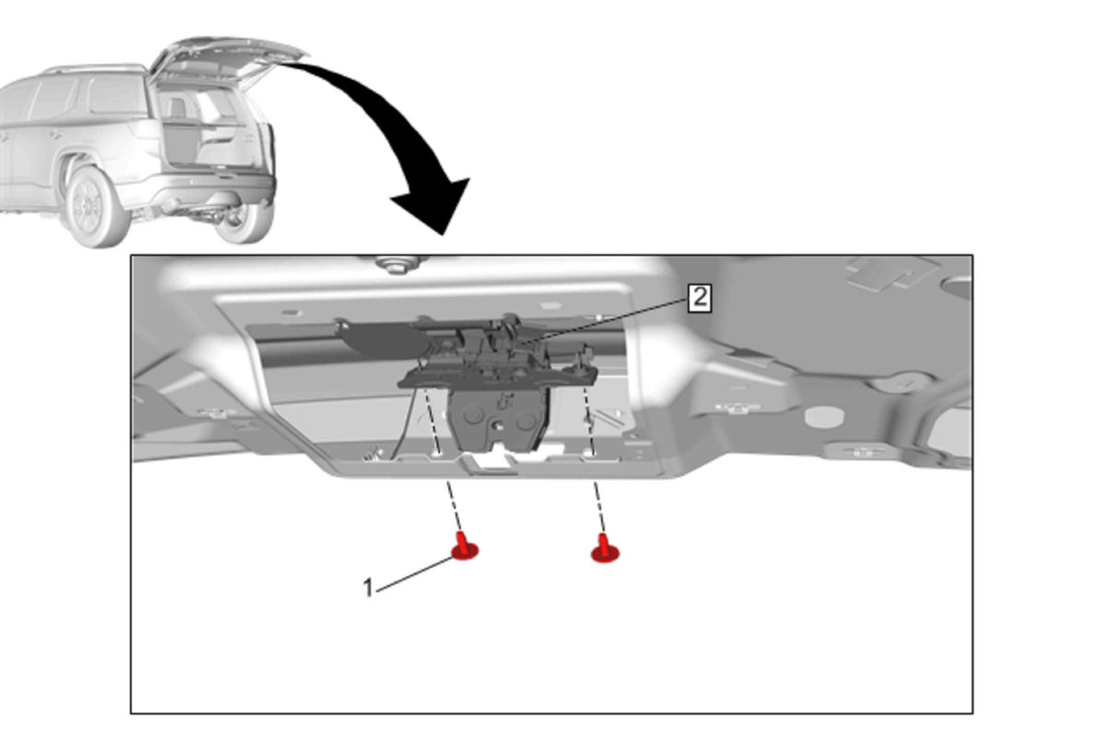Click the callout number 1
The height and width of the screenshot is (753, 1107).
tap(368, 588)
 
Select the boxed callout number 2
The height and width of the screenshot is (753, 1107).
tap(700, 298)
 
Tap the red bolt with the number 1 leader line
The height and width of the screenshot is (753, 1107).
tap(465, 547)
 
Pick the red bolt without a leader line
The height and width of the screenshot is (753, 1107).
tap(605, 548)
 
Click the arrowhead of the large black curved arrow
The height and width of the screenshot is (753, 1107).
tap(434, 207)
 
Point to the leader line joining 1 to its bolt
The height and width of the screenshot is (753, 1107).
tap(414, 574)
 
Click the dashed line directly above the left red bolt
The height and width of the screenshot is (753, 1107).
tap(455, 507)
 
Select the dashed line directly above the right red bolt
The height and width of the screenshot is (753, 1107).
tap(599, 507)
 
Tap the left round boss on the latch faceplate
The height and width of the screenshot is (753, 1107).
tap(473, 416)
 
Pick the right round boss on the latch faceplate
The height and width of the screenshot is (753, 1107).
tap(526, 421)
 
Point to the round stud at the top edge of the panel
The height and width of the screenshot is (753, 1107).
tap(396, 264)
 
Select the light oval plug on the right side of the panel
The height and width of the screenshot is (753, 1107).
tap(824, 417)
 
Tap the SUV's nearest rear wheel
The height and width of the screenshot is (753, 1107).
tap(95, 206)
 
